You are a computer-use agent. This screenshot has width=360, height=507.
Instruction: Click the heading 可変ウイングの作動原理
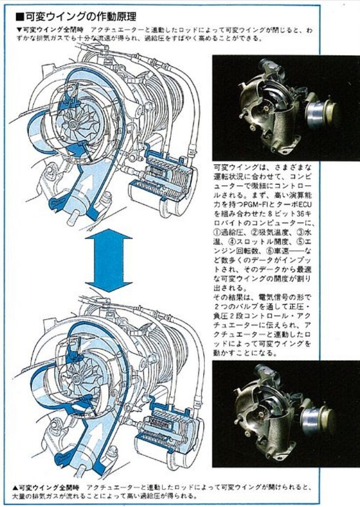(x=81, y=17)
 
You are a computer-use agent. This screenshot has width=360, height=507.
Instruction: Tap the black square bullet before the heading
(x=19, y=17)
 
